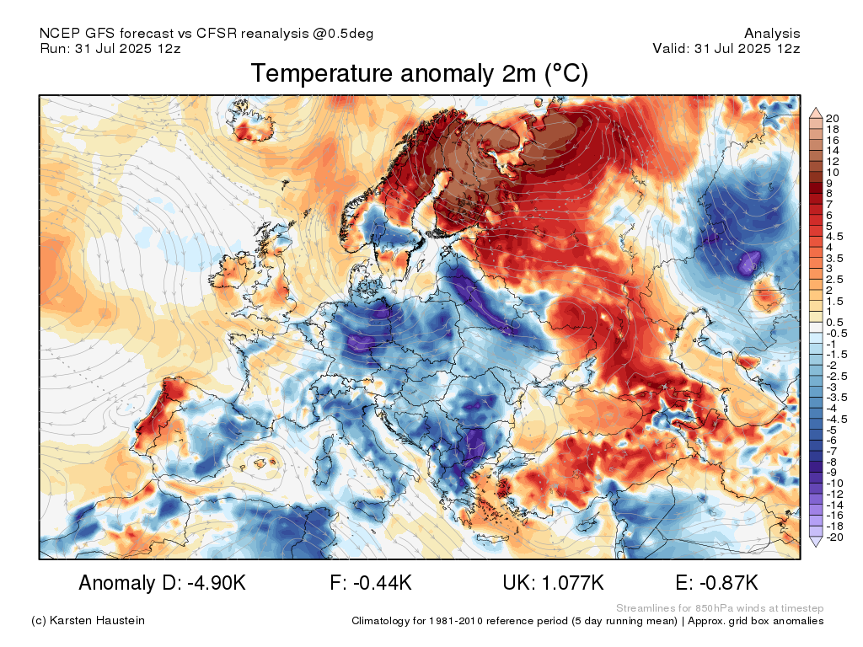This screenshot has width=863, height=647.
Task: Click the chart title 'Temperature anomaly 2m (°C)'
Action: tap(420, 74)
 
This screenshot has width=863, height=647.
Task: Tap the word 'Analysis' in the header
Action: tap(772, 34)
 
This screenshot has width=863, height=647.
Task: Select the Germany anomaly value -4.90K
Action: tap(217, 583)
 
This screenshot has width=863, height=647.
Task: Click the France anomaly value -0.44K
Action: tap(383, 583)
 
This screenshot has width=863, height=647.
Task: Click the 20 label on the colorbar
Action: tap(832, 118)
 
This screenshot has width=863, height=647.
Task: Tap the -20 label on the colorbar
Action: tap(834, 537)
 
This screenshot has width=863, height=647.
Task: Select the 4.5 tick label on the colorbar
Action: tap(834, 237)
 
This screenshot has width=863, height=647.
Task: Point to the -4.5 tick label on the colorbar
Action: tap(837, 420)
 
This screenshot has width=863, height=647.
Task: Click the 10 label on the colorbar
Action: tap(832, 172)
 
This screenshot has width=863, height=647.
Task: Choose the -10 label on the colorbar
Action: tap(834, 484)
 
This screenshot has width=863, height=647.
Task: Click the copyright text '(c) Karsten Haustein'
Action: tap(88, 621)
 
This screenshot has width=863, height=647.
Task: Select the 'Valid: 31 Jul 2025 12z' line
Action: tap(726, 48)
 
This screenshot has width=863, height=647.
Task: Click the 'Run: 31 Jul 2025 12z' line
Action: tap(110, 48)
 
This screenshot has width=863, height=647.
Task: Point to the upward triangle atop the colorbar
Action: tap(816, 114)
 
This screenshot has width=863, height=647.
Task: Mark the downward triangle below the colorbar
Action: tap(816, 542)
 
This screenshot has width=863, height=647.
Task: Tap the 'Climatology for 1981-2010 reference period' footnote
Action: tap(514, 621)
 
